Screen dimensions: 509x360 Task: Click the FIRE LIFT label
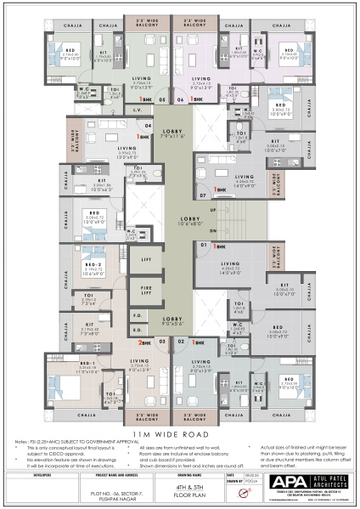point(146,291)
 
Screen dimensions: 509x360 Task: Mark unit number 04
point(147,126)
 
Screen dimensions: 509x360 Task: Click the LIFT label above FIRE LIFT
point(146,259)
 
